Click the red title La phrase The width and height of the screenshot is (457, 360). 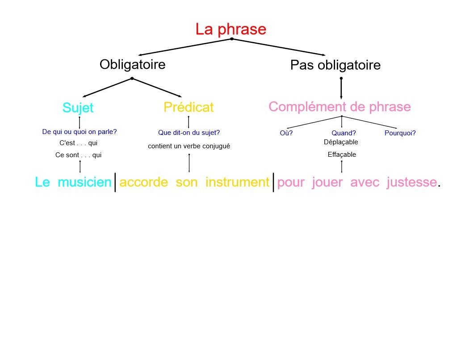231,29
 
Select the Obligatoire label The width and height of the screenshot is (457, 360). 132,64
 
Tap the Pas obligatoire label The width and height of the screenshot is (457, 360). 335,65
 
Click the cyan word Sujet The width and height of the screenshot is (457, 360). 78,108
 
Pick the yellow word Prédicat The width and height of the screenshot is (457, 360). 189,107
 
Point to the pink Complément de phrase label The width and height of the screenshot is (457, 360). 340,107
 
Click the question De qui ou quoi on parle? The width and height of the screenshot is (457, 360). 80,132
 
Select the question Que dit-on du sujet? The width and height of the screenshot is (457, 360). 189,133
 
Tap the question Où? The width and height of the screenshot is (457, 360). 286,133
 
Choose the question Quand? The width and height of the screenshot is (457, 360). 344,133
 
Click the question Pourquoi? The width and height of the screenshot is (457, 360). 400,133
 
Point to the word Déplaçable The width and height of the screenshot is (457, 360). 341,142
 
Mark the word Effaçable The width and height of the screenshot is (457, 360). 342,155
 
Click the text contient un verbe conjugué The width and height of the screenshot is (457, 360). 189,146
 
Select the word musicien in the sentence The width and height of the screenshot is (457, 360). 84,182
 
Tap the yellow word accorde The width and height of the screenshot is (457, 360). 144,182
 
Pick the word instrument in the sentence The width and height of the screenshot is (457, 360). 237,182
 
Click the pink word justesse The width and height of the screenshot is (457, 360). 411,182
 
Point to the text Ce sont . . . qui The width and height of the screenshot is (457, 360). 79,155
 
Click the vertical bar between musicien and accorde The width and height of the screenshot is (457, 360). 115,182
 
